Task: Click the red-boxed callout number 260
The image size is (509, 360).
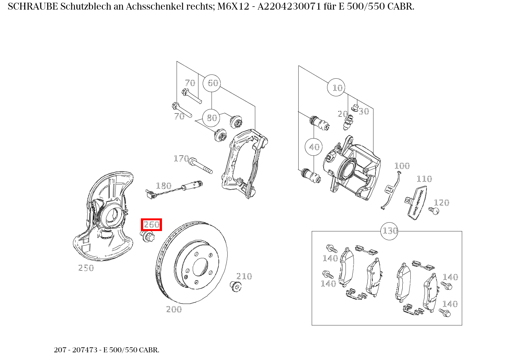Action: click(x=151, y=225)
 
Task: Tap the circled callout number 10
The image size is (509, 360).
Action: click(x=336, y=88)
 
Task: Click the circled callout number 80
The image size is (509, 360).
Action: click(x=212, y=118)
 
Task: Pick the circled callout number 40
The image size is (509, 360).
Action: click(x=314, y=147)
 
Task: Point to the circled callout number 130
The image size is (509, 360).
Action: click(x=389, y=231)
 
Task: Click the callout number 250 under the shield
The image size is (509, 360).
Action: click(x=86, y=268)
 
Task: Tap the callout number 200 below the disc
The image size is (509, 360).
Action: click(x=174, y=309)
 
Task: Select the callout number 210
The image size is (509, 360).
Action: click(x=244, y=276)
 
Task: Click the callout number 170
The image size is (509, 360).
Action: click(x=181, y=159)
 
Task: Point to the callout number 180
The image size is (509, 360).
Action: click(x=164, y=186)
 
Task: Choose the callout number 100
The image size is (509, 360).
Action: click(x=402, y=166)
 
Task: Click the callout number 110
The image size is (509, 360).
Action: click(x=424, y=179)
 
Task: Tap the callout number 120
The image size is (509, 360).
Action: click(x=441, y=203)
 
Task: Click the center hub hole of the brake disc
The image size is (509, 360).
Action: click(x=200, y=267)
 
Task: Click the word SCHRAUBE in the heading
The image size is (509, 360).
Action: click(x=33, y=7)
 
